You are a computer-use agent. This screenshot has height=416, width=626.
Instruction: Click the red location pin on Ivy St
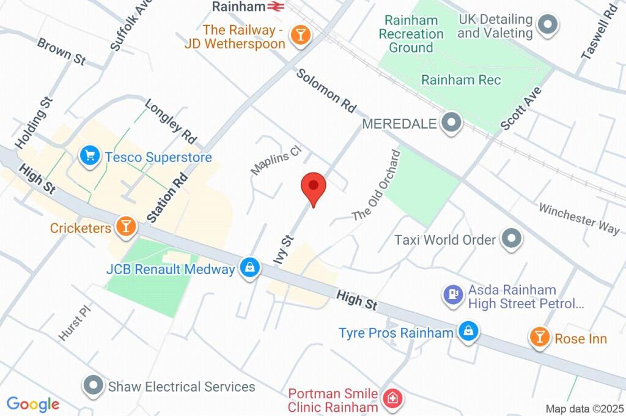[314, 186]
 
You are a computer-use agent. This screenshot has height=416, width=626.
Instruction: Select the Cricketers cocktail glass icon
[126, 226]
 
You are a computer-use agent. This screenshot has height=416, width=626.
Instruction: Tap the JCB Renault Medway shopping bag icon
[249, 268]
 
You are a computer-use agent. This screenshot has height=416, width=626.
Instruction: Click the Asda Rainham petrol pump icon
[452, 295]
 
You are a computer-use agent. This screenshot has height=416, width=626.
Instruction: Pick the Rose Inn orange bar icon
[539, 337]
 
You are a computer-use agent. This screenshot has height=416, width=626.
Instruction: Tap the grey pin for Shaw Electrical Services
[94, 386]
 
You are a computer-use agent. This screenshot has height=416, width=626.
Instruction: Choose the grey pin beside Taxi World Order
[510, 239]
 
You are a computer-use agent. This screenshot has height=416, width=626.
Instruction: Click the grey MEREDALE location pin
[452, 123]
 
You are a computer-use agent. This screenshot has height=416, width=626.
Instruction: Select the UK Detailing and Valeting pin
[547, 26]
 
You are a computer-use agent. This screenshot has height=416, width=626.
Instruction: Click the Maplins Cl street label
[276, 160]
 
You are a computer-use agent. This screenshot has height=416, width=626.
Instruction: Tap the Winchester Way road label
[578, 217]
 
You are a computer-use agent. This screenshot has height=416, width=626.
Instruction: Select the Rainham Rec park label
[461, 80]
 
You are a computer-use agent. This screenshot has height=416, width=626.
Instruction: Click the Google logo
[33, 404]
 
